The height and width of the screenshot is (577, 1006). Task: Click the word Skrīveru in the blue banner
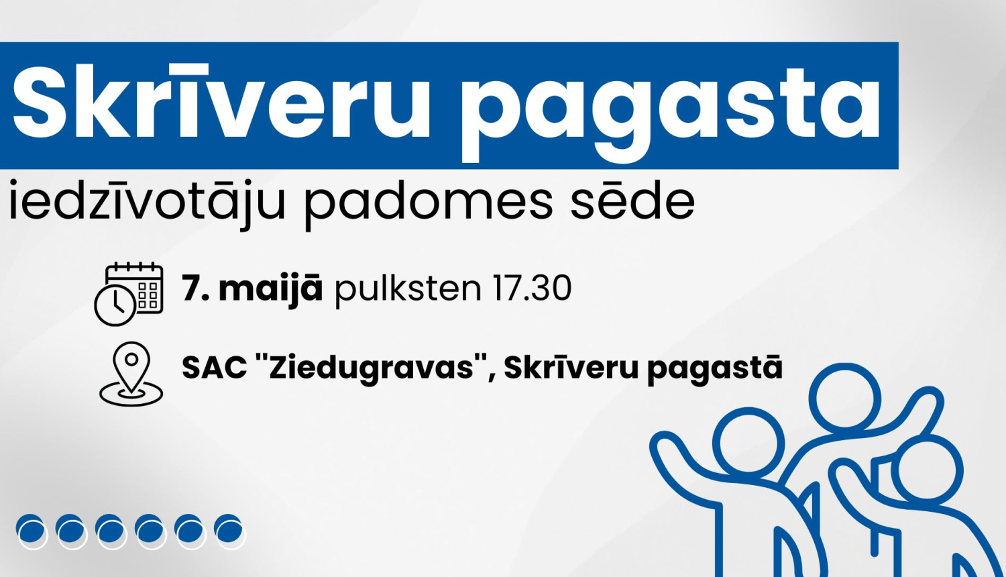221,104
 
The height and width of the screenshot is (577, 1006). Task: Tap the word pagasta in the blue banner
671,107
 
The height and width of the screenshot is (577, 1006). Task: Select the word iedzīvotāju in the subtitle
148,201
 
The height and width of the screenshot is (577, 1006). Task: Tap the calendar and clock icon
129,294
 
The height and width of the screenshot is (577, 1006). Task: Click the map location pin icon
131,373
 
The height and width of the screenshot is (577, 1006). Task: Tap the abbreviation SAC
215,368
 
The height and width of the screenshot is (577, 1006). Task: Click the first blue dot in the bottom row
31,531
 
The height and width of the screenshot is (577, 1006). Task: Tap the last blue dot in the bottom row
229,531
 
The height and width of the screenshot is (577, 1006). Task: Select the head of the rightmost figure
928,470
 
